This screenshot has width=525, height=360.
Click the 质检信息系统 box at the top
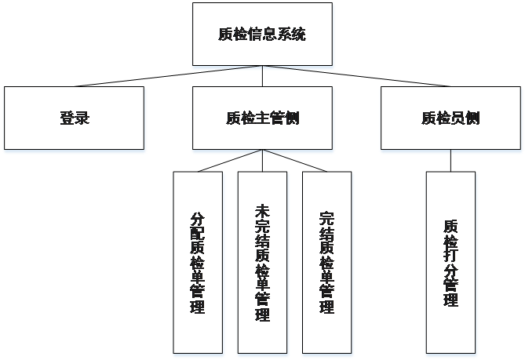[x=261, y=35]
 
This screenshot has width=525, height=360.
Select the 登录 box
[x=74, y=118]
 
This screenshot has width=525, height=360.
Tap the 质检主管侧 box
[x=261, y=118]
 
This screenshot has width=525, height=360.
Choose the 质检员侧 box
[x=450, y=118]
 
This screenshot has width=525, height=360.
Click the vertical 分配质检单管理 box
[x=198, y=263]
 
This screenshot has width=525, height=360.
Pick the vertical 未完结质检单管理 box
[x=262, y=263]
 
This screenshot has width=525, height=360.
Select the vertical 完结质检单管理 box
[x=326, y=263]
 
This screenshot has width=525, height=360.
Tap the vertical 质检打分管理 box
[x=450, y=263]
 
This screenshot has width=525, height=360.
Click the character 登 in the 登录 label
[x=67, y=118]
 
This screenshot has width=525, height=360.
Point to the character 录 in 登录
[x=82, y=118]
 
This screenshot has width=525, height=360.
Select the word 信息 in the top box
[x=261, y=35]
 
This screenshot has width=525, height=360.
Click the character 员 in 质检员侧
[x=457, y=118]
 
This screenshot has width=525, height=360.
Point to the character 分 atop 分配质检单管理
[x=198, y=220]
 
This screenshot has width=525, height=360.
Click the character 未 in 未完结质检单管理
[x=262, y=213]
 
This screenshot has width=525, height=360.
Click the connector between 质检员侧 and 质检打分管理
[x=450, y=162]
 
